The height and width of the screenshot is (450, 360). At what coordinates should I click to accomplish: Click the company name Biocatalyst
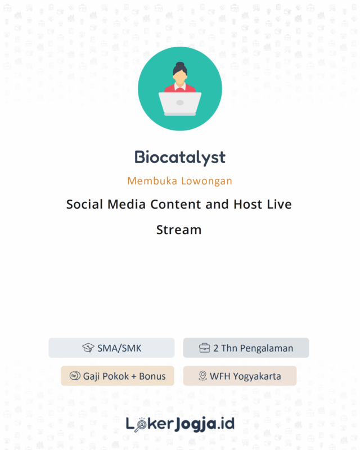pyautogui.click(x=179, y=157)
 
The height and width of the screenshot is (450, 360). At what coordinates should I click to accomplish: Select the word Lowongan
pyautogui.click(x=206, y=181)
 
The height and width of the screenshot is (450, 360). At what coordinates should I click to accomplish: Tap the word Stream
pyautogui.click(x=179, y=229)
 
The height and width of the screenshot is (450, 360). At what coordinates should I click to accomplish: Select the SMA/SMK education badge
pyautogui.click(x=111, y=348)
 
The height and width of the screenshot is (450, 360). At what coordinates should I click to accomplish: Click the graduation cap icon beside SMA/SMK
pyautogui.click(x=88, y=348)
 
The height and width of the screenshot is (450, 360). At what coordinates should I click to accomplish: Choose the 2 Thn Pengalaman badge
pyautogui.click(x=246, y=348)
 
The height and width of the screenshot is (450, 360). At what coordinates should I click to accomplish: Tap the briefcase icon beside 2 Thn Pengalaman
pyautogui.click(x=205, y=348)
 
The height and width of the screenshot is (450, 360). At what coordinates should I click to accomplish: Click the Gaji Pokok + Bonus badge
pyautogui.click(x=118, y=376)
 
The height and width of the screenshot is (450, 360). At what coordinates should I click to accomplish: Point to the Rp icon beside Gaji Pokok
pyautogui.click(x=74, y=376)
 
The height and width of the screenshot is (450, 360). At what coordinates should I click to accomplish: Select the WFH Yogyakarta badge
pyautogui.click(x=240, y=376)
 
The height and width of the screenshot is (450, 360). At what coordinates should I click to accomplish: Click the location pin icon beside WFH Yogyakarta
pyautogui.click(x=202, y=376)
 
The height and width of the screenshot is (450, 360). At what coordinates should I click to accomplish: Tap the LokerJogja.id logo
pyautogui.click(x=179, y=423)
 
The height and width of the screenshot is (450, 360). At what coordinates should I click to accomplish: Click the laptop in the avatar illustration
pyautogui.click(x=180, y=103)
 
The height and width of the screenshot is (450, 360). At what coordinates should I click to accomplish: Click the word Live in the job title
pyautogui.click(x=280, y=204)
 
